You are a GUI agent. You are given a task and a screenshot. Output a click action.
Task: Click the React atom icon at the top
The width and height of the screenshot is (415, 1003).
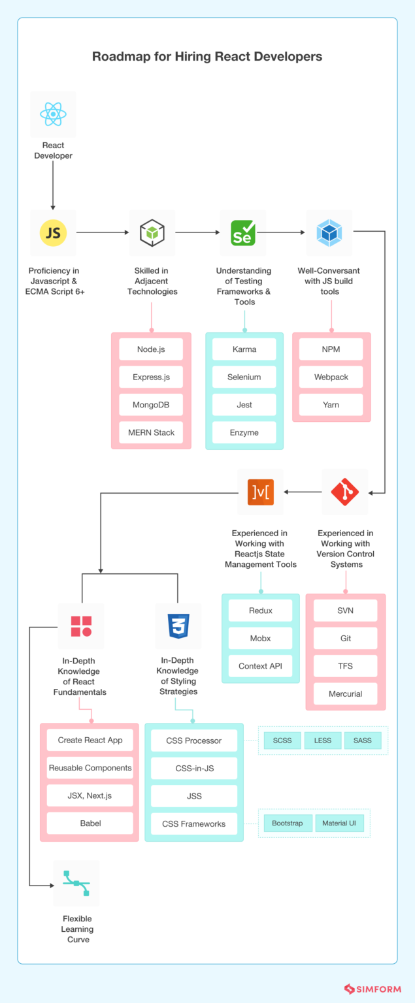click(53, 114)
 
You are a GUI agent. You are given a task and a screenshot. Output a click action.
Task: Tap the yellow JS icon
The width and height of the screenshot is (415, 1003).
click(53, 232)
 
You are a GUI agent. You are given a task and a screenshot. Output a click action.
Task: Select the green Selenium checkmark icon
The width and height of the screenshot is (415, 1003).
click(243, 232)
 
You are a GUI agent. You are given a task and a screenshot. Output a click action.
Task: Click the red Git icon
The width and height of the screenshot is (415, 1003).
click(345, 492)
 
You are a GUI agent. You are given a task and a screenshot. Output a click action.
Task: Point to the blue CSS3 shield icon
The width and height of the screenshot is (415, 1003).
click(178, 626)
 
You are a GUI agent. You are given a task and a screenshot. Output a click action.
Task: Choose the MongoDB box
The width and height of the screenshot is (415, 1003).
click(151, 405)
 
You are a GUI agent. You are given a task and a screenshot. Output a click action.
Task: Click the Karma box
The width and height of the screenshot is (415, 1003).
click(244, 349)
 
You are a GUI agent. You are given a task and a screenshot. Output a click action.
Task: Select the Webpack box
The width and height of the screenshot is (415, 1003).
click(331, 377)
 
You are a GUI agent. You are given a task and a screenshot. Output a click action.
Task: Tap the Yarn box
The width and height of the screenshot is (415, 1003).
click(331, 405)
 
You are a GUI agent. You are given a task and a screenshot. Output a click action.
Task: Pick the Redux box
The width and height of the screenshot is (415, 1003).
click(261, 611)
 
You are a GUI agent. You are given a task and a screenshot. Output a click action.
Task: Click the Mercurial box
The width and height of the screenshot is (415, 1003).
click(345, 693)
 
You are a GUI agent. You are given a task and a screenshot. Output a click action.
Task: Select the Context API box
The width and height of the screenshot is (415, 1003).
click(261, 666)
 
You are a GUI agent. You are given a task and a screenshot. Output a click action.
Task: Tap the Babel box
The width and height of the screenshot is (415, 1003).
click(90, 823)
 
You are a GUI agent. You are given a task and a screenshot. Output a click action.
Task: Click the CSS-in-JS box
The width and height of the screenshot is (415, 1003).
click(194, 768)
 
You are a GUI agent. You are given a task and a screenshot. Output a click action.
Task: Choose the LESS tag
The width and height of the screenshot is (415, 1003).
click(323, 740)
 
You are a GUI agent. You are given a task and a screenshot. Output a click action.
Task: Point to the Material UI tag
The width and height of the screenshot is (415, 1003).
click(339, 823)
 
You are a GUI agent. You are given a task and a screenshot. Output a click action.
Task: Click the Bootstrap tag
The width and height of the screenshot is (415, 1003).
click(288, 823)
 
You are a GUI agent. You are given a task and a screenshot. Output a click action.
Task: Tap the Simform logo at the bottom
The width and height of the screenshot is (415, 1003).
click(373, 989)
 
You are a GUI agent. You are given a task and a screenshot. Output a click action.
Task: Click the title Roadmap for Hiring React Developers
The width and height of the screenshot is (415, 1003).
click(207, 56)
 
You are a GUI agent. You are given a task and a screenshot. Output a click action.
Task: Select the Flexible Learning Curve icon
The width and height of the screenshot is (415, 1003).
click(76, 883)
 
